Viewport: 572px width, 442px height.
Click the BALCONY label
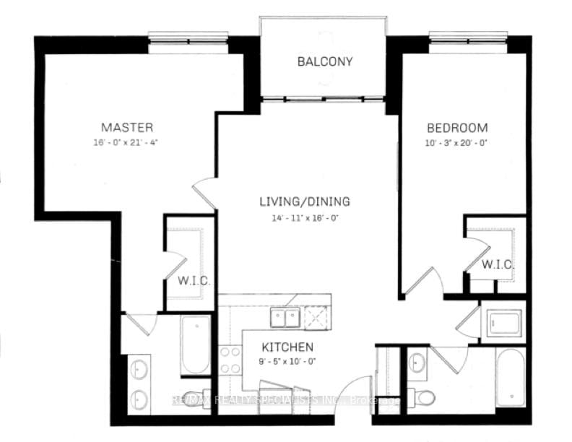pos(325,61)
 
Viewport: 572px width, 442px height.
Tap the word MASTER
pos(127,128)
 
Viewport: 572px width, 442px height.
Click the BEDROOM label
pos(456,128)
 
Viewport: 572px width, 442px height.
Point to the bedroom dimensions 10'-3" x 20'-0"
pos(456,142)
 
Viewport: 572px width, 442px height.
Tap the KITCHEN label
pos(287,347)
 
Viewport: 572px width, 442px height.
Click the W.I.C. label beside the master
pos(193,279)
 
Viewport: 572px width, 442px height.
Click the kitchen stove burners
pos(230,359)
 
